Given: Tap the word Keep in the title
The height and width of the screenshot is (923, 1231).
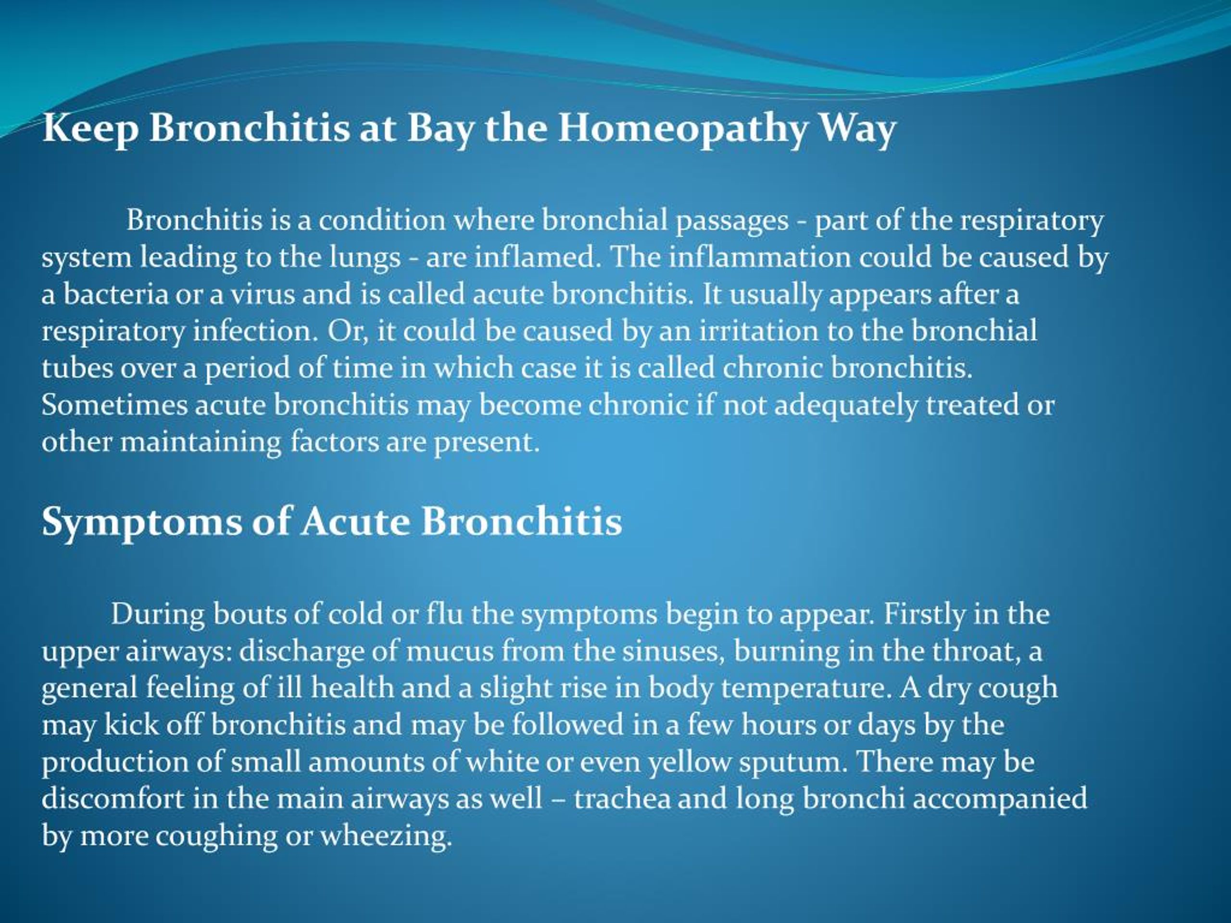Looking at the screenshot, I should [x=90, y=129].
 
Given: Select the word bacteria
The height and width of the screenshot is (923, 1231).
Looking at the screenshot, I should [x=116, y=294].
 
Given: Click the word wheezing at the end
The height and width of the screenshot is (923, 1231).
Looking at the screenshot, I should [x=385, y=836].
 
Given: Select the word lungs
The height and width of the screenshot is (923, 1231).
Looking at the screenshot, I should [x=364, y=257].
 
